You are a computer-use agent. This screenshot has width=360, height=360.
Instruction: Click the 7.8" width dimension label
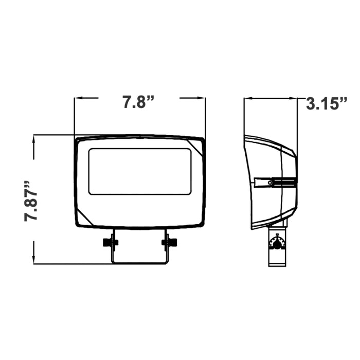(x=138, y=102)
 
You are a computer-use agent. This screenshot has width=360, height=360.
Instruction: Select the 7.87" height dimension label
(x=31, y=201)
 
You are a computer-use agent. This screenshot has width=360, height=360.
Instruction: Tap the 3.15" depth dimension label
(x=327, y=104)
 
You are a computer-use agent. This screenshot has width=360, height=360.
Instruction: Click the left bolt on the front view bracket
(x=110, y=242)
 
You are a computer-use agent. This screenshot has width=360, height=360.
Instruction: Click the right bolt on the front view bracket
(x=169, y=242)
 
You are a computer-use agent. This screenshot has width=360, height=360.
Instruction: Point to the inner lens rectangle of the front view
(x=140, y=171)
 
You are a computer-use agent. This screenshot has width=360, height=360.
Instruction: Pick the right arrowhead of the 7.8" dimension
(x=202, y=98)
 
